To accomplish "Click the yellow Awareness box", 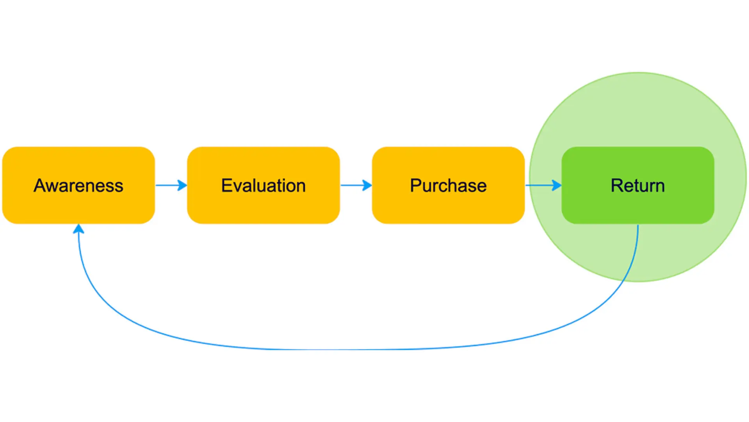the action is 78,185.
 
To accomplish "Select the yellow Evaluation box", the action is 263,185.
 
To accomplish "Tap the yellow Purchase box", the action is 448,185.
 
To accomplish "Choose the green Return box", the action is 638,185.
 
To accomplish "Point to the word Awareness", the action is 78,186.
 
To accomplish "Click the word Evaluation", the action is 263,186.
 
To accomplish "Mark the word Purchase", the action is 448,186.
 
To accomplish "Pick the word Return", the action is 638,186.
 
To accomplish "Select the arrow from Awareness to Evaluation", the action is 171,185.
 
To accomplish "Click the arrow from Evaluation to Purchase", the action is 356,185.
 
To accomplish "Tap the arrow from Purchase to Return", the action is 543,185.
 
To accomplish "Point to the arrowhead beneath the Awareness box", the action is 78,229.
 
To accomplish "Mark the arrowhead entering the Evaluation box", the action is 182,185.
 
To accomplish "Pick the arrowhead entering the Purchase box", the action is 367,185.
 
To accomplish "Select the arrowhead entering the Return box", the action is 557,185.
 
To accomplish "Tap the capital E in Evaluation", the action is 227,186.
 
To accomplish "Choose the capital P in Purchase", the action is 415,186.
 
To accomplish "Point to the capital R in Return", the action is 617,186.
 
